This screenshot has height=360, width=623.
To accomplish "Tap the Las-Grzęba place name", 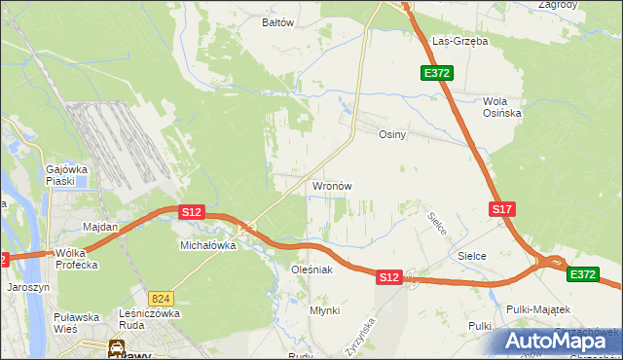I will (460, 42).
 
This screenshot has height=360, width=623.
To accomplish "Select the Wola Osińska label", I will (502, 107).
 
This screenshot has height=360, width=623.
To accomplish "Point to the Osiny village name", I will (391, 135).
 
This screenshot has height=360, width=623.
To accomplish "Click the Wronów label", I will (331, 185).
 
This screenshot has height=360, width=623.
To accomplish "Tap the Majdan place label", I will (100, 227).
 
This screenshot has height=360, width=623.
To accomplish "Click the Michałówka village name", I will (208, 246).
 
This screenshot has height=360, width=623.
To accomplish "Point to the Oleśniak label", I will (312, 269).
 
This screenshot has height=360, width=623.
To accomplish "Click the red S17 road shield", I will (501, 209).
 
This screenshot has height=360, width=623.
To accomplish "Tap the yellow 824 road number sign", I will (161, 298).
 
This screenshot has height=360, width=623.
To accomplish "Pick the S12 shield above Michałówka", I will (191, 211).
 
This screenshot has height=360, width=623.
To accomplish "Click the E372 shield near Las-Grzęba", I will (436, 73).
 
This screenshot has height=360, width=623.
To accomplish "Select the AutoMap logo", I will (556, 341).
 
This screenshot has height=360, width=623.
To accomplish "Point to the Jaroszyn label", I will (27, 288).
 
